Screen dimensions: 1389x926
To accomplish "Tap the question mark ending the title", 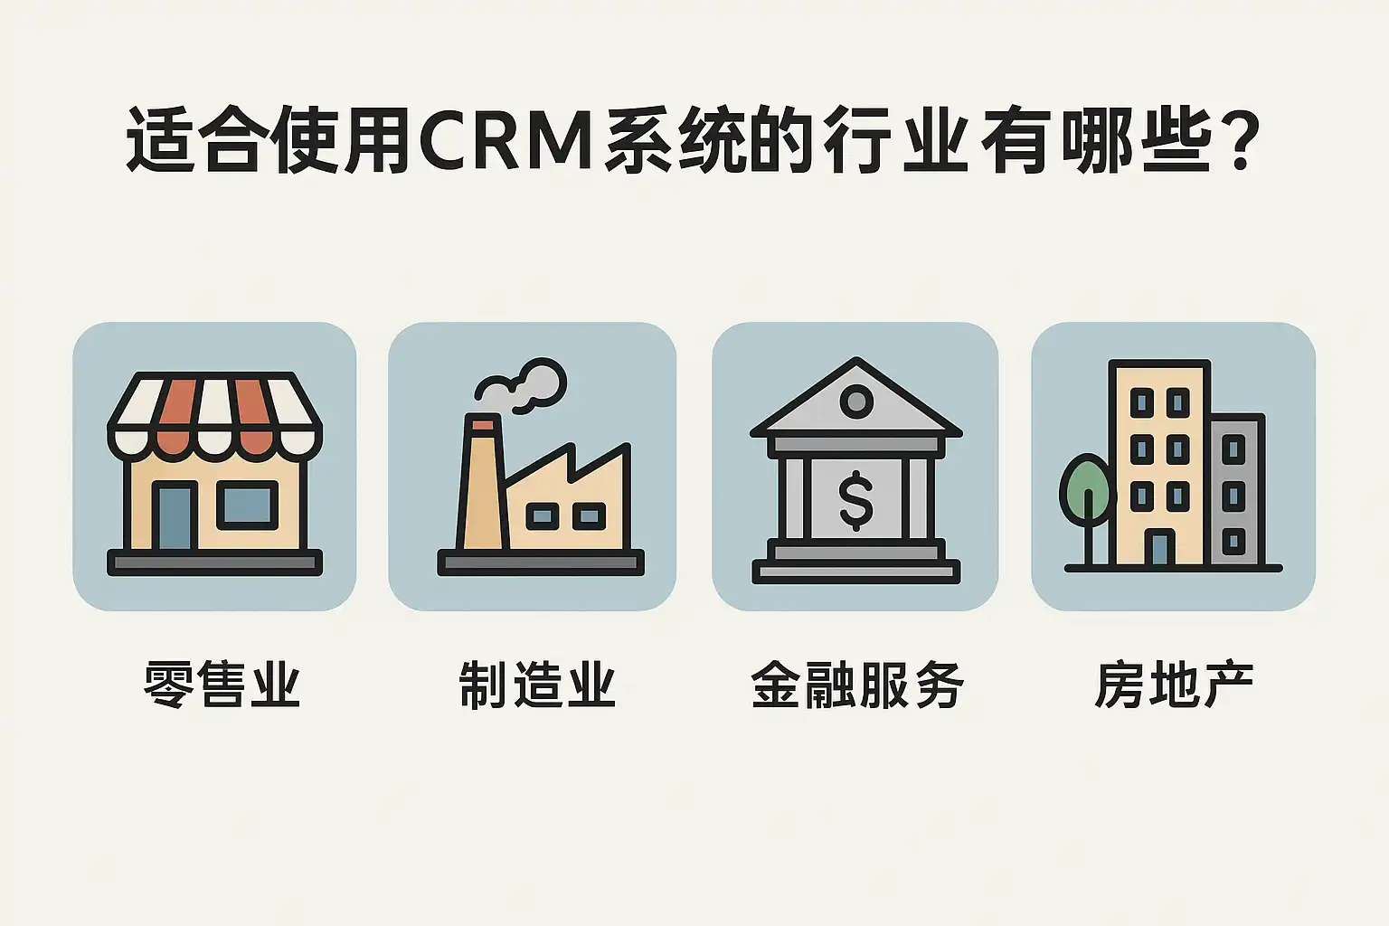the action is (x=1239, y=141).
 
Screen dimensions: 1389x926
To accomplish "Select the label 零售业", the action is (x=222, y=685).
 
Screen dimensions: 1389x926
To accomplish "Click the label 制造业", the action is (x=537, y=685).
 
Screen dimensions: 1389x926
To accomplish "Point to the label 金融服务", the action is (x=857, y=685).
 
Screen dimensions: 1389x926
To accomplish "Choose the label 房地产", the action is (x=1174, y=685).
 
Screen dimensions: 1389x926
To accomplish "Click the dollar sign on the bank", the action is (x=855, y=500).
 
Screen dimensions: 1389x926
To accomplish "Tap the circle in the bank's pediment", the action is (x=856, y=401).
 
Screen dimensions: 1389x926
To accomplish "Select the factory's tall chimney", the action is (x=482, y=483).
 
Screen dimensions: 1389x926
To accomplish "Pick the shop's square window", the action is (x=247, y=505).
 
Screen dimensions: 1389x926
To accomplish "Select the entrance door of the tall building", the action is (x=1159, y=546).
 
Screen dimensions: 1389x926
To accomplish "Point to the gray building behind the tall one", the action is (x=1237, y=490).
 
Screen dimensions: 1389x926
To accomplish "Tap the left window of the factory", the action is (x=543, y=516).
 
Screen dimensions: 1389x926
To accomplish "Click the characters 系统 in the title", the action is (x=675, y=141).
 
